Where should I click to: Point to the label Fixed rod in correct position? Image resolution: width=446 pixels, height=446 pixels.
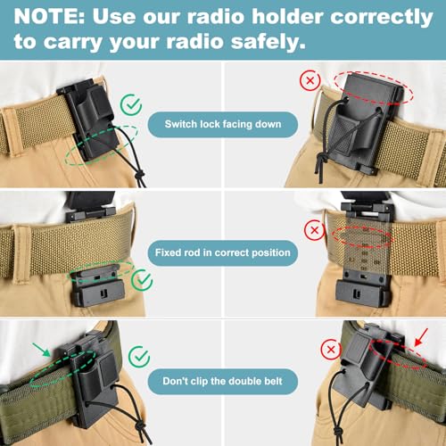pyautogui.click(x=222, y=252)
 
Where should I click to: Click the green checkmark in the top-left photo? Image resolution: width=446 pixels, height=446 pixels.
pyautogui.click(x=132, y=105)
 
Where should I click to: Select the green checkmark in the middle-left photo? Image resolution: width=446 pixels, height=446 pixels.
pyautogui.click(x=142, y=280)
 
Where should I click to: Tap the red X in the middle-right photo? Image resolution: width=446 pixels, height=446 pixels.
pyautogui.click(x=313, y=231)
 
